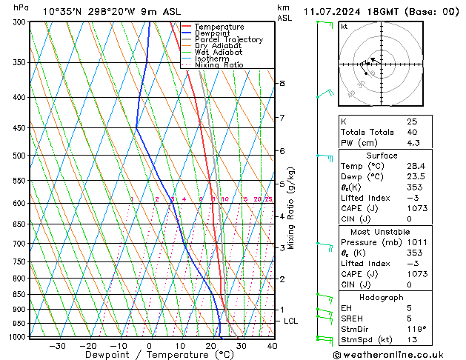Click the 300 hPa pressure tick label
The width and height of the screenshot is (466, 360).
pyautogui.click(x=19, y=22)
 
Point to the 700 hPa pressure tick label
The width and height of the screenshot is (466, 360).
pyautogui.click(x=19, y=243)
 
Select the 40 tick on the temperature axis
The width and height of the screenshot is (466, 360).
pyautogui.click(x=272, y=345)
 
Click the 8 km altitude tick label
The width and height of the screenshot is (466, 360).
pyautogui.click(x=282, y=83)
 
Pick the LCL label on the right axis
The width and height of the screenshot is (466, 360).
pyautogui.click(x=291, y=321)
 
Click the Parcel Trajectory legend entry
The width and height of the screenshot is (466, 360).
pyautogui.click(x=229, y=39)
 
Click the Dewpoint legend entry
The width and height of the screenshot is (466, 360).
pyautogui.click(x=213, y=33)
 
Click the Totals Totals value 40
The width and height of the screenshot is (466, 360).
pyautogui.click(x=411, y=132)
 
